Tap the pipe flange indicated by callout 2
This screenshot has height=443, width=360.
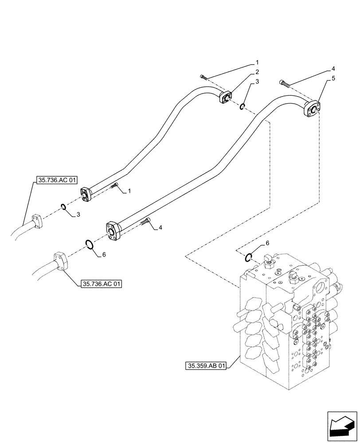point(226,98)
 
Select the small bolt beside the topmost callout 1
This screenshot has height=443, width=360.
point(204,77)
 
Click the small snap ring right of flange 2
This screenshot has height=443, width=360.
point(243,106)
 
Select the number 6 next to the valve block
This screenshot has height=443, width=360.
point(267,243)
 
